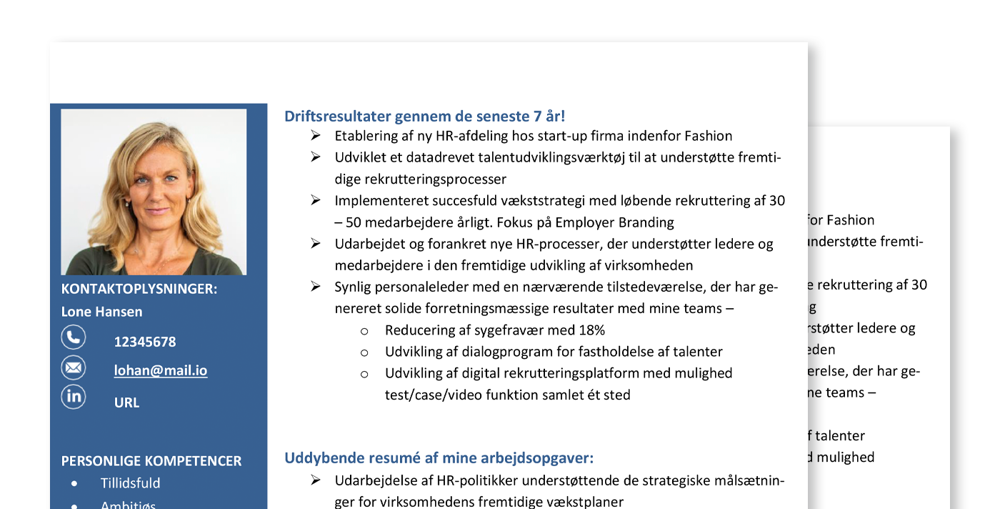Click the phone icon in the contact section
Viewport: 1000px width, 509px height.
[73, 337]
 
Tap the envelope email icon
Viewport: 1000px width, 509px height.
[73, 367]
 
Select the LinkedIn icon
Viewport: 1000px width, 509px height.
[73, 397]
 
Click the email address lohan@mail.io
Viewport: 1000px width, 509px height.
[161, 370]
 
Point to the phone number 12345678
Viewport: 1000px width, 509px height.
[145, 342]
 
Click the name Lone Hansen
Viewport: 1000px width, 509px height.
[101, 312]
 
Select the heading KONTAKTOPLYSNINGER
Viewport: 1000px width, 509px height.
[139, 289]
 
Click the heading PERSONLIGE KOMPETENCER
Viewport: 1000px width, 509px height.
[151, 461]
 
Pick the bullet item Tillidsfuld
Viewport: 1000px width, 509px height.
[130, 483]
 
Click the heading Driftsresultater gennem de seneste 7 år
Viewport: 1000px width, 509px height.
[425, 116]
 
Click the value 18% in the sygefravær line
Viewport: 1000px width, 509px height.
[592, 330]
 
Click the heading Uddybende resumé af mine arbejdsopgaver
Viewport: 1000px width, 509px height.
[439, 458]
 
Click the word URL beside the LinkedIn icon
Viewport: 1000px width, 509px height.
[126, 402]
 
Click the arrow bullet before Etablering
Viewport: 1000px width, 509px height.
[316, 136]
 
